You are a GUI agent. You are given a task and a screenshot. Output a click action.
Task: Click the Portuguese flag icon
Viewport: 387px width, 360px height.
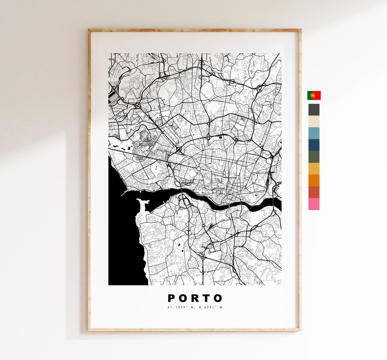point(314,95)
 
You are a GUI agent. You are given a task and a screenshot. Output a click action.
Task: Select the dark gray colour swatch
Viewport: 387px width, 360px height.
point(314,110)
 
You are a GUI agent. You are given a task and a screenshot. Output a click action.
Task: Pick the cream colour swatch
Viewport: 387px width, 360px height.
point(314,122)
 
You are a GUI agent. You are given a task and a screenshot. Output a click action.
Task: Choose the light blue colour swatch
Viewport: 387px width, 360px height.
point(314,133)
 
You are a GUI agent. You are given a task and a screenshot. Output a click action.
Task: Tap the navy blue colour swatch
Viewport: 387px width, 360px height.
point(314,145)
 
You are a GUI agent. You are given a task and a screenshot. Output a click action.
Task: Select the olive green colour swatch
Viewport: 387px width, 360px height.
point(314,157)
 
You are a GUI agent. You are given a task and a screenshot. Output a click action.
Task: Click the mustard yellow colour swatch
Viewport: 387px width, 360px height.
point(314,169)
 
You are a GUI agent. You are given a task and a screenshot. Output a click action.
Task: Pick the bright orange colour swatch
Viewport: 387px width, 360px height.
point(314,180)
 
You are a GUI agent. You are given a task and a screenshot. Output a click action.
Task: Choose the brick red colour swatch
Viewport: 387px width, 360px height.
point(314,192)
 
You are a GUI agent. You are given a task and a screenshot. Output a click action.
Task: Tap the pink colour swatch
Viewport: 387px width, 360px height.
point(314,204)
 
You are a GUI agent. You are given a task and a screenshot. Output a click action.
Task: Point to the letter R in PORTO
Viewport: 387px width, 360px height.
point(195,298)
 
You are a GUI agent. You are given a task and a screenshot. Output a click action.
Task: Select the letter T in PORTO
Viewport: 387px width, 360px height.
point(207,298)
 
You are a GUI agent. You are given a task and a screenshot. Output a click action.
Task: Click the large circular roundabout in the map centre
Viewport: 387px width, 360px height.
point(198,169)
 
